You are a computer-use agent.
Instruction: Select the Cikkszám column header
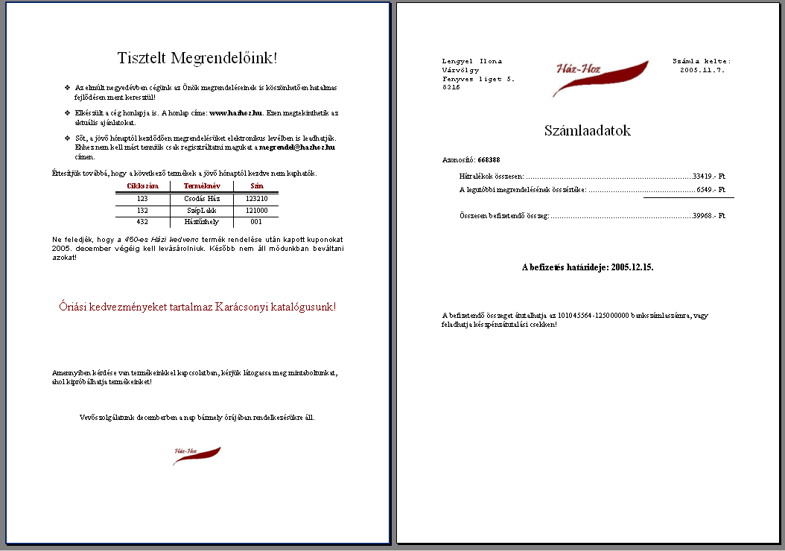click(x=142, y=185)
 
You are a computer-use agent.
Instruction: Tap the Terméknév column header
click(x=202, y=185)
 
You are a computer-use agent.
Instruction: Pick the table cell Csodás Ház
click(x=202, y=199)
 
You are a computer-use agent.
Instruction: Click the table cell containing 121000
click(x=256, y=211)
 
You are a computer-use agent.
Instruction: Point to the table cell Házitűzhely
click(x=202, y=222)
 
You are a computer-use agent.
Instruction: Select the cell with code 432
click(x=142, y=222)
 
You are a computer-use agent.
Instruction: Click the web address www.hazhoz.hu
click(x=236, y=113)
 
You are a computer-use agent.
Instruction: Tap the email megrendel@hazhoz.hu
click(x=296, y=147)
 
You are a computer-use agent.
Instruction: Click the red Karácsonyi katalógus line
click(x=197, y=307)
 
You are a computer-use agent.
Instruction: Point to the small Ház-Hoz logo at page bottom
click(x=197, y=455)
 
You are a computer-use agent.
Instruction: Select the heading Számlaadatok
click(x=587, y=130)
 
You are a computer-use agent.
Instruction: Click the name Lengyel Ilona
click(x=472, y=61)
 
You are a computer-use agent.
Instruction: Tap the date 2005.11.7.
click(x=702, y=70)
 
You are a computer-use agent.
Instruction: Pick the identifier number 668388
click(x=489, y=159)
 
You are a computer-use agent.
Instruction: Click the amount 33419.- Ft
click(x=708, y=176)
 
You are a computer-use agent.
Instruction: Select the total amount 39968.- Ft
click(x=708, y=215)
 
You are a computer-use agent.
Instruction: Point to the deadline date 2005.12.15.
click(x=632, y=267)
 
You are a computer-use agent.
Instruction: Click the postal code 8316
click(x=451, y=87)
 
